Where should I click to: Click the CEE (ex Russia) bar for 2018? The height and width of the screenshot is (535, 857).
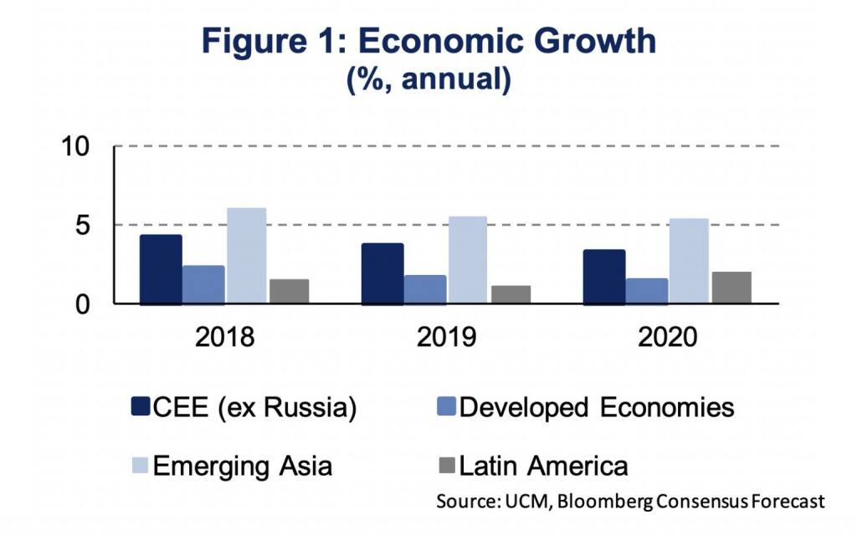tap(161, 270)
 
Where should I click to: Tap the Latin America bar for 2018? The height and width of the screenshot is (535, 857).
tap(289, 292)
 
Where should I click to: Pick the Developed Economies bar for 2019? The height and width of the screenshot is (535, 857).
tap(425, 289)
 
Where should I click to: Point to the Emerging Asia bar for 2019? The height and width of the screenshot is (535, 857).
tap(468, 260)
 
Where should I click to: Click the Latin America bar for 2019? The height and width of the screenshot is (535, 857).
tap(511, 295)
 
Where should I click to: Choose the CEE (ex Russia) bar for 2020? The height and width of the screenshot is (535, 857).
tap(603, 277)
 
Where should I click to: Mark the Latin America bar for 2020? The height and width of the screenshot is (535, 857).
tap(731, 288)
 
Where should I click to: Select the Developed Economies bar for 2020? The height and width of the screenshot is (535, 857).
tap(646, 291)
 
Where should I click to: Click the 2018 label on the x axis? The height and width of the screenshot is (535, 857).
tap(225, 338)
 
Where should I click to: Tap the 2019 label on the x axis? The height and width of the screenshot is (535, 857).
tap(446, 338)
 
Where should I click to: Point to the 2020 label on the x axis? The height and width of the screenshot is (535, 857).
tap(666, 338)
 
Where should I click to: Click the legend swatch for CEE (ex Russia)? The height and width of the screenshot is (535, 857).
tap(140, 407)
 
